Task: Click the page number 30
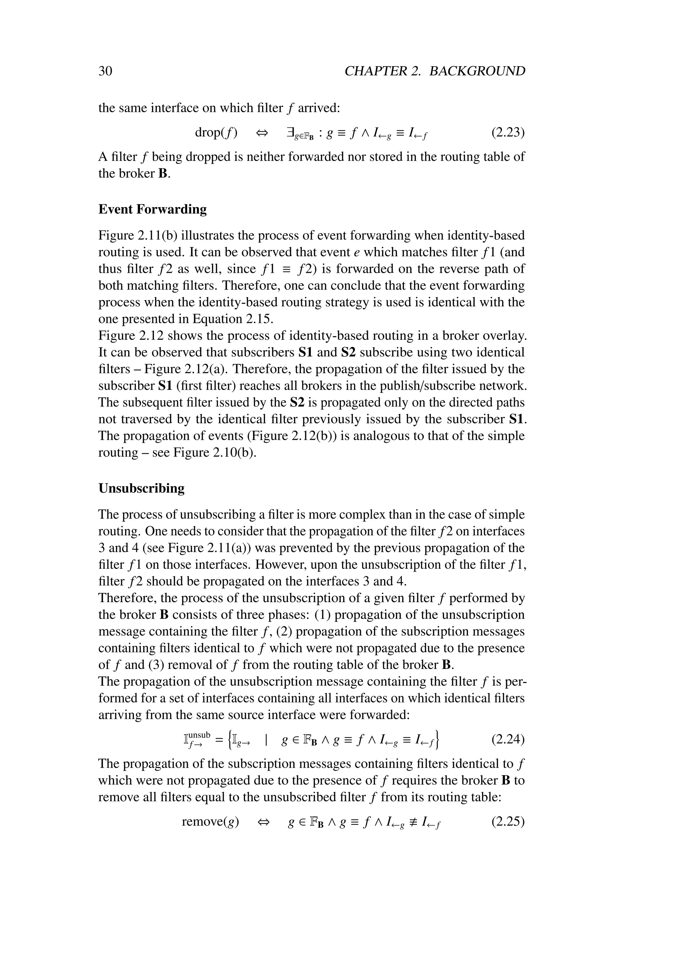105,71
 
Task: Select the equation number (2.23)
508,133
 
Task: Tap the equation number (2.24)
508,739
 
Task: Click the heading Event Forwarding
152,209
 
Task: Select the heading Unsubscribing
141,488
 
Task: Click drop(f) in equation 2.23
216,133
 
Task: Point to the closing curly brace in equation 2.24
438,739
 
